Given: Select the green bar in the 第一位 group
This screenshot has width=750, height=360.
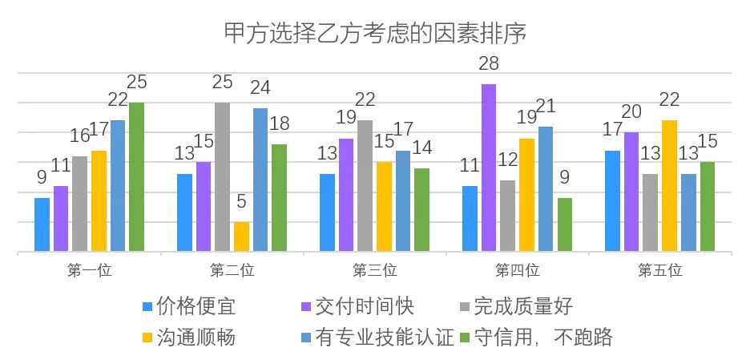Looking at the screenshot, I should click(x=136, y=177).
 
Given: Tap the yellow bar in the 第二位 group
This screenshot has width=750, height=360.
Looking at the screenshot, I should click(x=241, y=237).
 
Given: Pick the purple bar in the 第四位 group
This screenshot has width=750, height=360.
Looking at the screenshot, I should click(x=488, y=168).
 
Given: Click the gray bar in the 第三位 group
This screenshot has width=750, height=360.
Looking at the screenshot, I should click(x=365, y=186).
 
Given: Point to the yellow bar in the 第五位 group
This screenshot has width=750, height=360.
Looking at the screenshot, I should click(x=669, y=186).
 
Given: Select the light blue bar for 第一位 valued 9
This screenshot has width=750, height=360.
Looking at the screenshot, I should click(x=42, y=225).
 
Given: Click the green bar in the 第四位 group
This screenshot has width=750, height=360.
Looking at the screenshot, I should click(x=565, y=225).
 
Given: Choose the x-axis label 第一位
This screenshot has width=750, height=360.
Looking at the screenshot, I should click(x=89, y=271).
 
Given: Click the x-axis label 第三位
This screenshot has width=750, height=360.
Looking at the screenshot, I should click(x=374, y=271).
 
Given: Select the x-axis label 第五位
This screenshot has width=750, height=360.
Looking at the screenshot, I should click(x=659, y=271).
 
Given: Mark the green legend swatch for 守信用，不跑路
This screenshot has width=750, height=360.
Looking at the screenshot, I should click(x=466, y=338).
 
